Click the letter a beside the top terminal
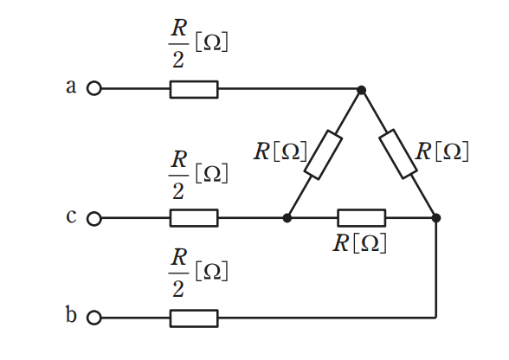[x=71, y=87]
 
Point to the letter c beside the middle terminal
[x=71, y=216]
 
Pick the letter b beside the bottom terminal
[x=71, y=314]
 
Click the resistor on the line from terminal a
[x=194, y=89]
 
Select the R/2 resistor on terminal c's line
[x=194, y=218]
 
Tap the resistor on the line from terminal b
[x=194, y=318]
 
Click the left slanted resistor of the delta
[x=323, y=155]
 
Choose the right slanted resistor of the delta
[x=398, y=154]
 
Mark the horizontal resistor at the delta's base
[x=362, y=218]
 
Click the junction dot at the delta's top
[x=361, y=90]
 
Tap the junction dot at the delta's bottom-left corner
[x=287, y=218]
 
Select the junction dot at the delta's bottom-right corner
[x=436, y=218]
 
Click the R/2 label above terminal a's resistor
[x=198, y=43]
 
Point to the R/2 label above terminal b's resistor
[x=198, y=273]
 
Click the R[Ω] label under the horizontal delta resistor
[x=360, y=243]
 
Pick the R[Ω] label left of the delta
[x=280, y=151]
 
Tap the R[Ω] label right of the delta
[x=441, y=151]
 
